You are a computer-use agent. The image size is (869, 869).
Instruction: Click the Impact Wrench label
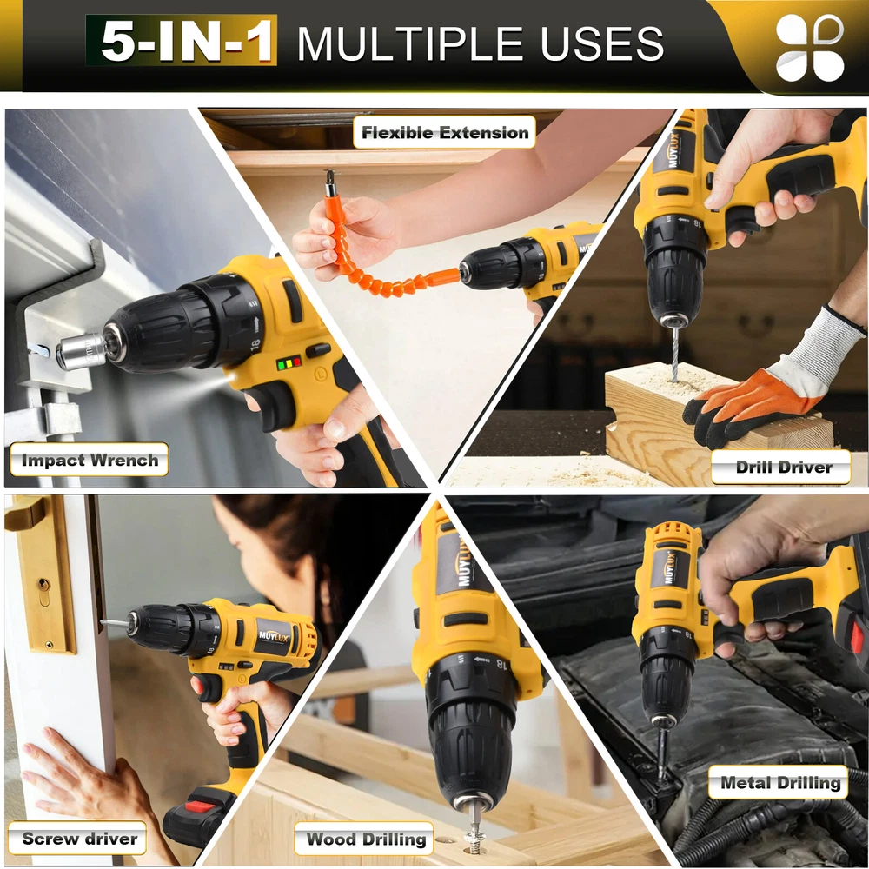(x=90, y=460)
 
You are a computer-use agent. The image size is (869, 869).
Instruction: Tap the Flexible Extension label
(x=444, y=132)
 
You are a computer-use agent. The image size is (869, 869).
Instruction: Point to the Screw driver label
(x=78, y=838)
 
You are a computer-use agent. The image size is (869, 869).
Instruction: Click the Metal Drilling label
(x=779, y=782)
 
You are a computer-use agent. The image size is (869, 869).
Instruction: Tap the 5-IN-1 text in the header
(x=182, y=41)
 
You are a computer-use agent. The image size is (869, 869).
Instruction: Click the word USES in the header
(x=602, y=43)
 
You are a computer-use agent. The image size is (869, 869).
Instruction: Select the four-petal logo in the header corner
(x=810, y=48)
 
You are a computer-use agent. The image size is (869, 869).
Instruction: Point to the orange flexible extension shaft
(x=382, y=266)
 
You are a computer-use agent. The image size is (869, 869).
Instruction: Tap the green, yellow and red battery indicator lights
(x=289, y=363)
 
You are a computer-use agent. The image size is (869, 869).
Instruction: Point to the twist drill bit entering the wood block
(x=673, y=353)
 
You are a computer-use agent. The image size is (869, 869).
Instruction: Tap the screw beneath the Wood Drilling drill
(x=474, y=834)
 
